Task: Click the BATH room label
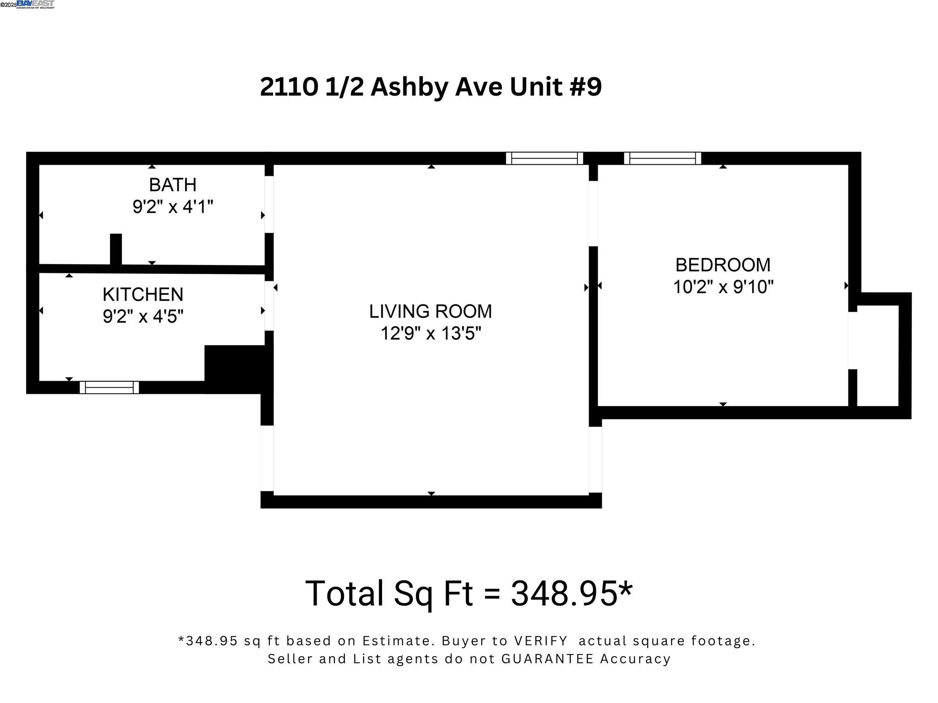click(173, 185)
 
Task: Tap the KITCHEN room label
click(143, 294)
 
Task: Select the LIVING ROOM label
click(431, 311)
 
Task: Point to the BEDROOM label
click(723, 265)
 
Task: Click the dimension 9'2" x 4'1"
click(173, 207)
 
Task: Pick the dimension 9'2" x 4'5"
click(143, 316)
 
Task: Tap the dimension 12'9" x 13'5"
click(431, 333)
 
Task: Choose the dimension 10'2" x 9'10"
click(723, 287)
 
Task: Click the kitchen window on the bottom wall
click(109, 387)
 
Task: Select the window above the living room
click(545, 158)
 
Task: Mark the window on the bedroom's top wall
click(662, 158)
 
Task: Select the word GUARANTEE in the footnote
click(548, 659)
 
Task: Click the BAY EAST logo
click(35, 4)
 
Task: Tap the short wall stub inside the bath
click(116, 249)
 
